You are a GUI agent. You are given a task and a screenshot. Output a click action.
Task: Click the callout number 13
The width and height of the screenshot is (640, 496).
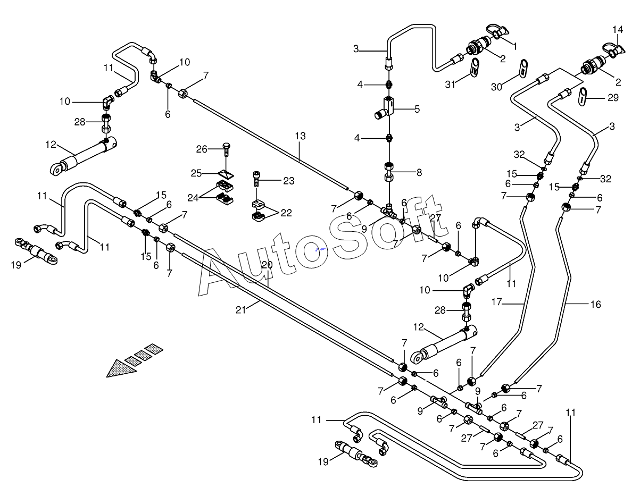[300, 136]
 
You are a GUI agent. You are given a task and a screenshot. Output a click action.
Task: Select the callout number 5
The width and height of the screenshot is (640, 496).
[417, 109]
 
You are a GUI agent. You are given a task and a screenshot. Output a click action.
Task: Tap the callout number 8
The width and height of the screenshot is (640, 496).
[419, 172]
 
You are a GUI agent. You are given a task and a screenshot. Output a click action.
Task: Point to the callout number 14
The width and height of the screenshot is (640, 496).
[618, 29]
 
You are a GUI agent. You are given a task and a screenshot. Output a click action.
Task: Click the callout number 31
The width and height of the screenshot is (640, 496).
[450, 85]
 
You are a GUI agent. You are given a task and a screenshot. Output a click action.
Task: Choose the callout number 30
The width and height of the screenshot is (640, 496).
[496, 87]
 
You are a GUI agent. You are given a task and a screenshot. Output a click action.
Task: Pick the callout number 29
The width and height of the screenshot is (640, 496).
[613, 98]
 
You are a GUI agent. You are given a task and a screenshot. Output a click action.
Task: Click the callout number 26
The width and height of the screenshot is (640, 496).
[202, 149]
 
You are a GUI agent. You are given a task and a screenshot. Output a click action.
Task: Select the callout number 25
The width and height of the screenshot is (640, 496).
[196, 173]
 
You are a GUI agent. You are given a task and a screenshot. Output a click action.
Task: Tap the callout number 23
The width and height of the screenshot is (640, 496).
[289, 181]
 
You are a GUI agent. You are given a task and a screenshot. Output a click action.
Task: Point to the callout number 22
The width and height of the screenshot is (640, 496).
[286, 213]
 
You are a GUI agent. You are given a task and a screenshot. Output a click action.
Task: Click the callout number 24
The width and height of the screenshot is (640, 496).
[193, 198]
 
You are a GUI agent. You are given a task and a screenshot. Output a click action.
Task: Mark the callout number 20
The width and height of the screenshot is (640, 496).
[267, 265]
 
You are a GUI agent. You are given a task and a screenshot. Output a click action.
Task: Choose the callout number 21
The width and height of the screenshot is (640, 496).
[240, 310]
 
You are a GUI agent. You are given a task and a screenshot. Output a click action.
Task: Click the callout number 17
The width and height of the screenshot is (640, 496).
[496, 302]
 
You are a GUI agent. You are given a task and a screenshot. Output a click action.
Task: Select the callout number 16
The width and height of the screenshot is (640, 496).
[595, 305]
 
